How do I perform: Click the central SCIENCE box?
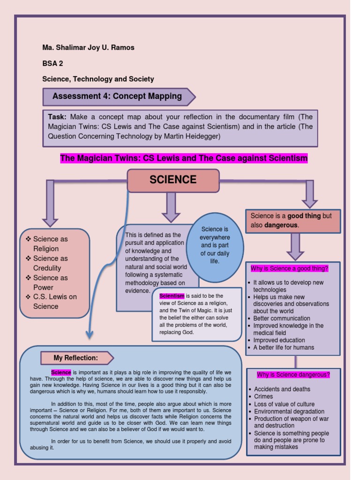173,180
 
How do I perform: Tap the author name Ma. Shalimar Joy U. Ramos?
88,47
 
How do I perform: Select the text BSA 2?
52,63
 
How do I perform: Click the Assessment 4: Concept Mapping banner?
117,97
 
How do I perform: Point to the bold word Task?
58,117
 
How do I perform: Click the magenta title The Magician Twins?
184,158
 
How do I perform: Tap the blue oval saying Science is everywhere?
215,245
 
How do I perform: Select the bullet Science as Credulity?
50,263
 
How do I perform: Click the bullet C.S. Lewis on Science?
54,301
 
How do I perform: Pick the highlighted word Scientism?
172,296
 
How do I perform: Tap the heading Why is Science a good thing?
289,269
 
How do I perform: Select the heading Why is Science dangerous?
293,375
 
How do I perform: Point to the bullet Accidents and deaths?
282,389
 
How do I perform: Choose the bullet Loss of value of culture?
284,404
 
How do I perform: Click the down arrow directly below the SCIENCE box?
171,207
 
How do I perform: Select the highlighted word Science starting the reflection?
61,372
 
